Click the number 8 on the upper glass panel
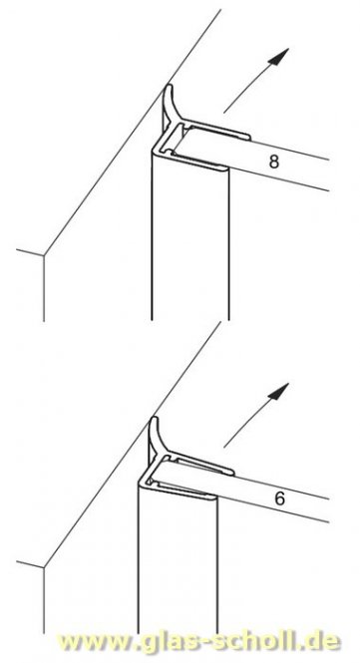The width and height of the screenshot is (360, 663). click(x=274, y=162)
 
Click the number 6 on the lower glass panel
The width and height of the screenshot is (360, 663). click(x=279, y=498)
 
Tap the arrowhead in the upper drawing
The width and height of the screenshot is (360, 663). click(x=279, y=56)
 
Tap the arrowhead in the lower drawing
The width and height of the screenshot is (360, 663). click(x=279, y=392)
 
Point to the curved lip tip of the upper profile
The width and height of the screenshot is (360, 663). click(x=169, y=87)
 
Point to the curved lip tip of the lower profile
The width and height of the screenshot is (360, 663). click(x=155, y=419)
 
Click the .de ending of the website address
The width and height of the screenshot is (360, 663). click(x=320, y=642)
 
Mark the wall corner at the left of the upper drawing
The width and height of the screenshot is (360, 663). click(x=44, y=255)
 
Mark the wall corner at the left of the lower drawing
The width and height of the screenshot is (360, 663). click(x=44, y=567)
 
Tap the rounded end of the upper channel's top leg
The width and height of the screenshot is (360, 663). click(x=248, y=137)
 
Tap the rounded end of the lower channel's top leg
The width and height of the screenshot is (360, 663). click(x=232, y=472)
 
